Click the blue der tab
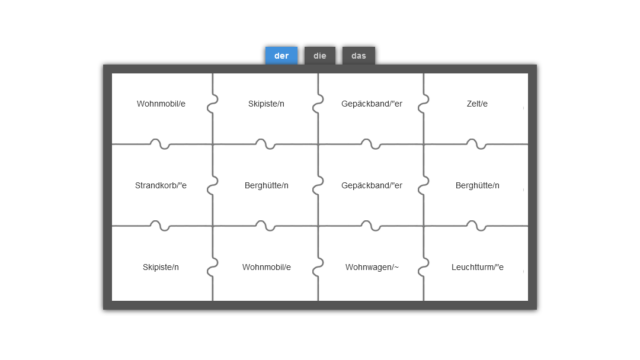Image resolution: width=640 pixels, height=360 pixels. pyautogui.click(x=281, y=56)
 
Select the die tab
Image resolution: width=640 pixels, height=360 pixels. pyautogui.click(x=320, y=56)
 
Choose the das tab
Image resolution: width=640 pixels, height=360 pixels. pyautogui.click(x=358, y=56)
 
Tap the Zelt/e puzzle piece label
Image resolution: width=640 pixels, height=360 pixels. pyautogui.click(x=477, y=104)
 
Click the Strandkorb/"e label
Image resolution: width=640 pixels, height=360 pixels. pyautogui.click(x=161, y=185)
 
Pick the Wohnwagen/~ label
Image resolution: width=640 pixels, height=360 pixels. pyautogui.click(x=372, y=267)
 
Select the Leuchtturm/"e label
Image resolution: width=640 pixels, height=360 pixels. pyautogui.click(x=477, y=267)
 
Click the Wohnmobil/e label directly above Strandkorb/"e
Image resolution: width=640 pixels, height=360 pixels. pyautogui.click(x=161, y=104)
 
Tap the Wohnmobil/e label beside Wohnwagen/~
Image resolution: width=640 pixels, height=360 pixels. pyautogui.click(x=266, y=267)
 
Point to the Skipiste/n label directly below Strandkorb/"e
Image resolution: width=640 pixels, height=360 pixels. pyautogui.click(x=161, y=267)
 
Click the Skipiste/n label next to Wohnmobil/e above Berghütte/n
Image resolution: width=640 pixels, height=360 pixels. pyautogui.click(x=266, y=104)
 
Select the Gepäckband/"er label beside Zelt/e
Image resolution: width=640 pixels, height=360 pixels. pyautogui.click(x=372, y=104)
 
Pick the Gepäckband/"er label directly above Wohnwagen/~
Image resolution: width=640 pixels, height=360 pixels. pyautogui.click(x=372, y=185)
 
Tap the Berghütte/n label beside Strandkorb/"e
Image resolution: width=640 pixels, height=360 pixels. pyautogui.click(x=266, y=185)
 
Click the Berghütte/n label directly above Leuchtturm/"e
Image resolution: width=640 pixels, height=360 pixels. pyautogui.click(x=477, y=185)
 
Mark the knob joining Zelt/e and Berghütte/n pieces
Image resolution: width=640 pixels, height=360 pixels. pyautogui.click(x=476, y=144)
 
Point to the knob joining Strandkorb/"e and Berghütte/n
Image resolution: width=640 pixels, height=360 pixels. pyautogui.click(x=212, y=186)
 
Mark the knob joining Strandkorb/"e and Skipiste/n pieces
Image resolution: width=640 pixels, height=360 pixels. pyautogui.click(x=160, y=225)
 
